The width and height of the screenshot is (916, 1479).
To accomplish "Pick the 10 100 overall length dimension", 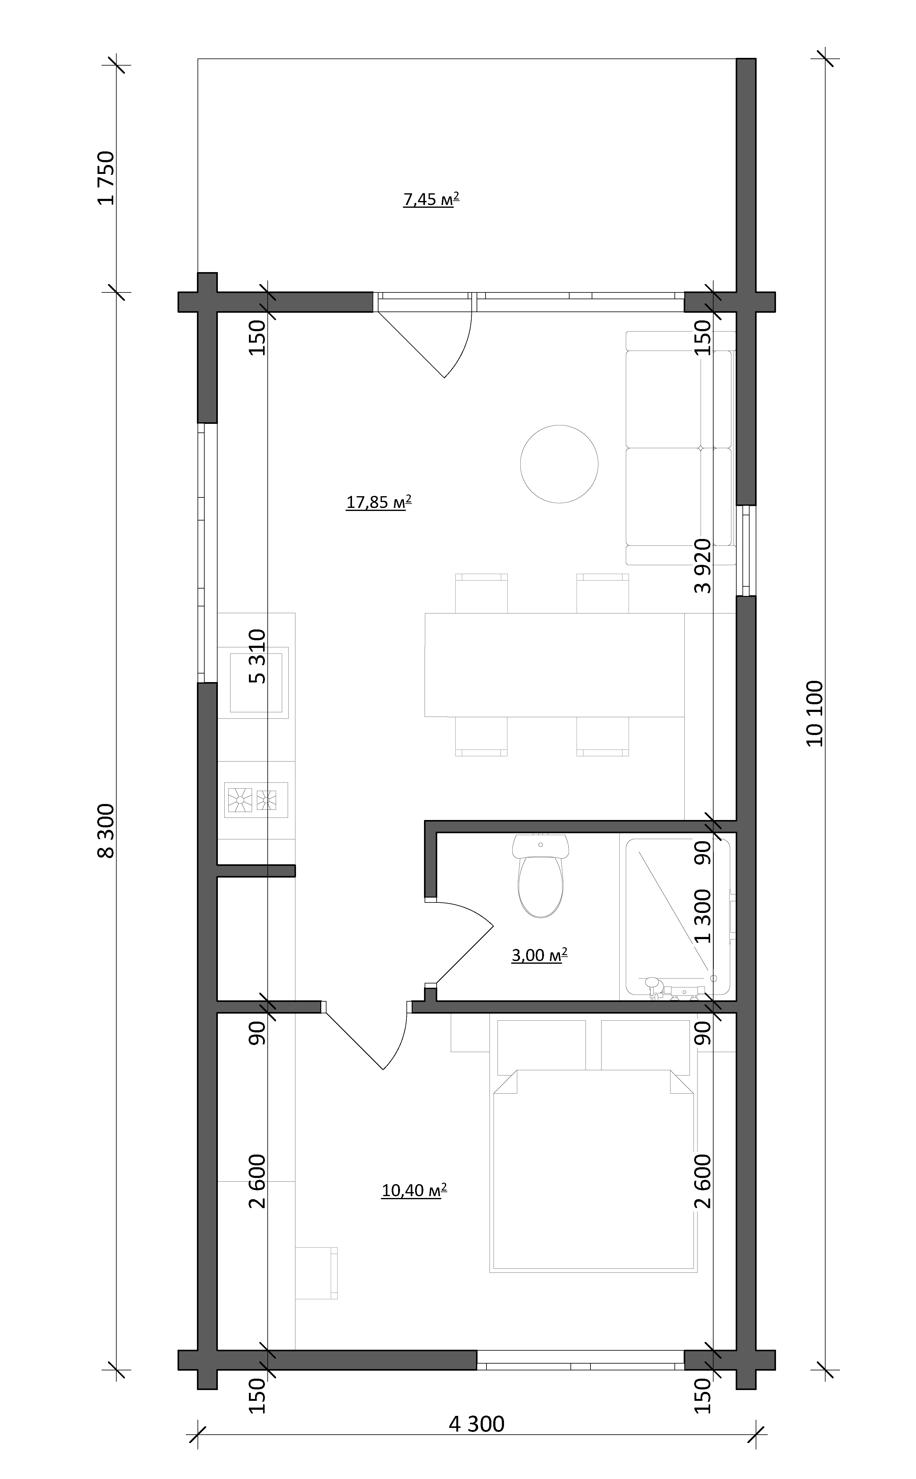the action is pos(815,713).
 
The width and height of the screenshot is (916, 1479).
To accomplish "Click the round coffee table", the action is pos(559,464).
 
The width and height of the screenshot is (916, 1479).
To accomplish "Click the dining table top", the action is pos(554,665).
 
